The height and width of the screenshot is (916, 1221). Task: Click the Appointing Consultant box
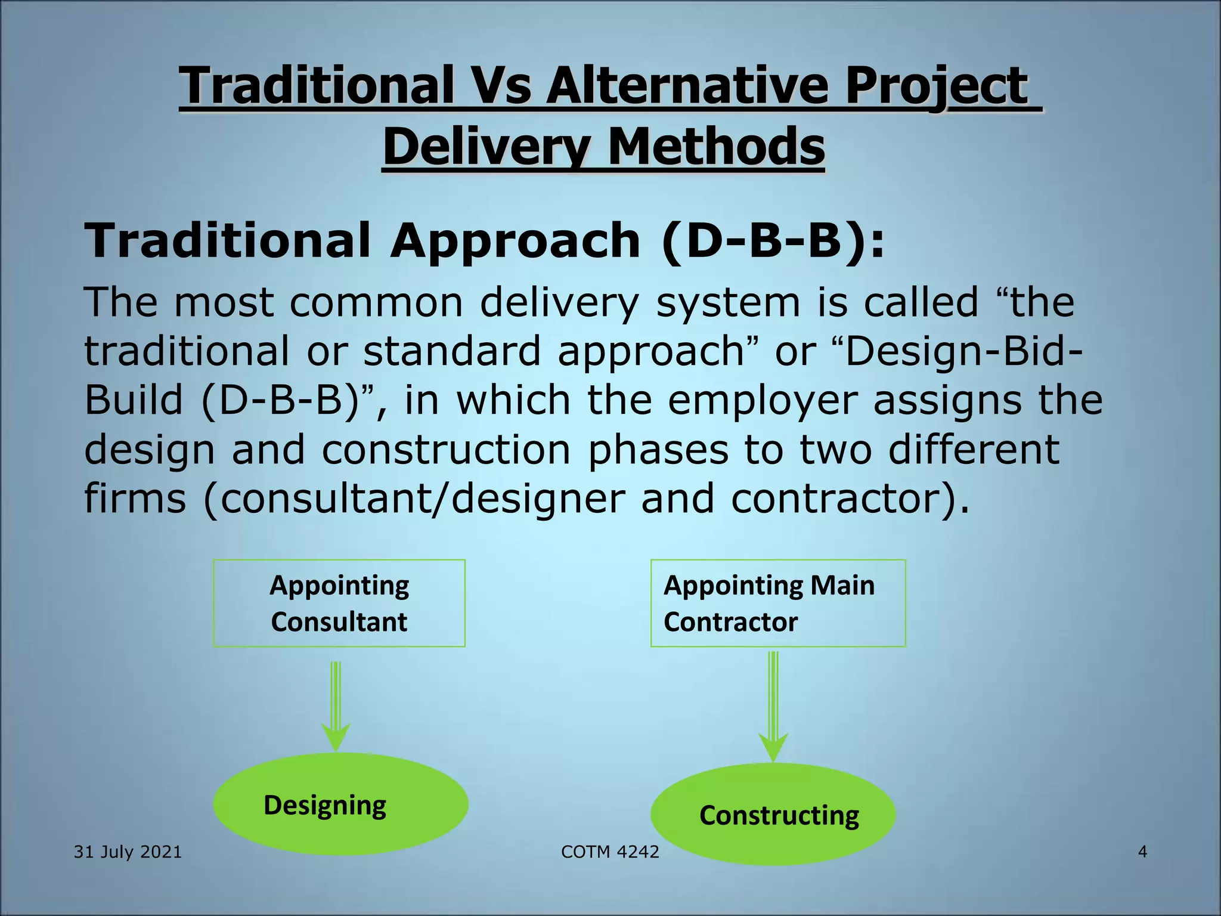click(x=339, y=603)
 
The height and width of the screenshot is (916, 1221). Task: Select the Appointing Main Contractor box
click(x=777, y=603)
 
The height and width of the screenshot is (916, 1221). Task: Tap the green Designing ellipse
click(x=340, y=804)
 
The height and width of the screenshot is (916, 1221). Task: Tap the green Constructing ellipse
click(x=773, y=814)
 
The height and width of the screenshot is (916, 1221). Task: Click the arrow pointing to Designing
click(x=336, y=706)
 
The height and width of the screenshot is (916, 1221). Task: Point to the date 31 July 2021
click(x=128, y=852)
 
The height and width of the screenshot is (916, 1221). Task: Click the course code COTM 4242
click(x=610, y=852)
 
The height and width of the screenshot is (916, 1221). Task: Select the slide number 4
click(x=1142, y=852)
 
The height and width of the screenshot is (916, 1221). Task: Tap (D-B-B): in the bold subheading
click(x=774, y=240)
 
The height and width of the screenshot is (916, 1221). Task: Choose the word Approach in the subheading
click(x=515, y=240)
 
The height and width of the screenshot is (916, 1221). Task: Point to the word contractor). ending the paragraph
click(x=850, y=498)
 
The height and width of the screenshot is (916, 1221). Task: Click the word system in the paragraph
click(x=727, y=302)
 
